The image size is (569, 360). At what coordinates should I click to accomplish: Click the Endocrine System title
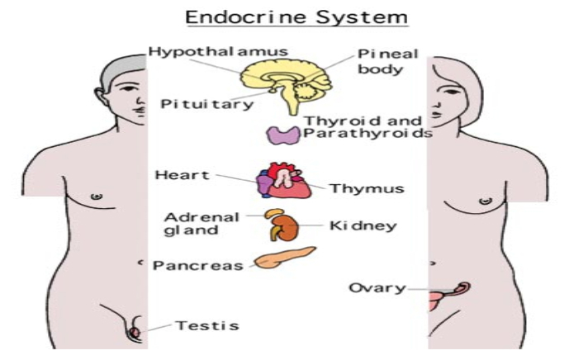coord(296,17)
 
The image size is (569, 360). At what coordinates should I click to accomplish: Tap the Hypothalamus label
coord(218,52)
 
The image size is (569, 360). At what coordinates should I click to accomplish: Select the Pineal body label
coord(387,61)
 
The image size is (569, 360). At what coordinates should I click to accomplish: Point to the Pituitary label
coord(206,104)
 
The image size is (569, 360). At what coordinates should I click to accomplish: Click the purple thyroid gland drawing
coord(283,135)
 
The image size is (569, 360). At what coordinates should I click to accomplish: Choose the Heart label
coord(183,175)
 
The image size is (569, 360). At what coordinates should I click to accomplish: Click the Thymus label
coord(367,189)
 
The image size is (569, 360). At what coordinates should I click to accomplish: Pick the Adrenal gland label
coord(202,224)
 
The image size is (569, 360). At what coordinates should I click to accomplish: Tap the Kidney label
coord(363,225)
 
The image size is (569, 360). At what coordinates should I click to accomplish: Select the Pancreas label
coord(197,266)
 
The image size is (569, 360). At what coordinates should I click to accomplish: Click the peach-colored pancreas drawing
coord(284,258)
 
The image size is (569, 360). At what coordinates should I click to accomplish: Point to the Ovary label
coord(377,288)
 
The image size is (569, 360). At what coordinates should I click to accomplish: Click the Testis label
coord(207,325)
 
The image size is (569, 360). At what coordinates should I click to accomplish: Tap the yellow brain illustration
coord(287,84)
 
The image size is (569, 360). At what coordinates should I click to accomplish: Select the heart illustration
coord(284,180)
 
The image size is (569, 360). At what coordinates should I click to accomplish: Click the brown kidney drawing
coord(286,229)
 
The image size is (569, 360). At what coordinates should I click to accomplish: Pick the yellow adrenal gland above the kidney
coord(274,213)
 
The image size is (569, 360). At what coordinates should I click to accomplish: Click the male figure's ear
coord(101,97)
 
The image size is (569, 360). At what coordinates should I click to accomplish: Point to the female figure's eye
coord(451,92)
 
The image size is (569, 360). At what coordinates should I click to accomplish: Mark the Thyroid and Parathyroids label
coord(368,127)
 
